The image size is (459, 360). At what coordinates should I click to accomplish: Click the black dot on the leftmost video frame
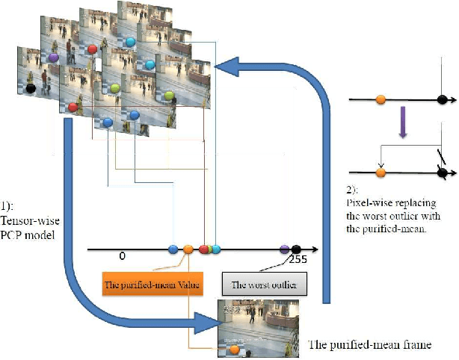pos(31,88)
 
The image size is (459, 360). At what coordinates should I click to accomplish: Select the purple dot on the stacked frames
pos(53,57)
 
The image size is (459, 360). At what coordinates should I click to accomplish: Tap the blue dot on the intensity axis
pos(173,249)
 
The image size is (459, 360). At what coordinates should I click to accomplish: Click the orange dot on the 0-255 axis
pos(188,249)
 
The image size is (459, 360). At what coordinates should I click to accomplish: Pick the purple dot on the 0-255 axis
pos(285,249)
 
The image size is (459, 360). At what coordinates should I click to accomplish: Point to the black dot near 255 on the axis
pos(296,249)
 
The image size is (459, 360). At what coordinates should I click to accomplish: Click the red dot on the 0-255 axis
pos(204,249)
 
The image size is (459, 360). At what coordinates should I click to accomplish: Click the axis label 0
pos(121,256)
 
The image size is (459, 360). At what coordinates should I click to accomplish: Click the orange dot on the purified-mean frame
pos(235,349)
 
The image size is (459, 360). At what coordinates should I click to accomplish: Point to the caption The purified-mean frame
pos(371,345)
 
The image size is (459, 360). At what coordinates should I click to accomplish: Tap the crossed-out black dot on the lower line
pos(443,173)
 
